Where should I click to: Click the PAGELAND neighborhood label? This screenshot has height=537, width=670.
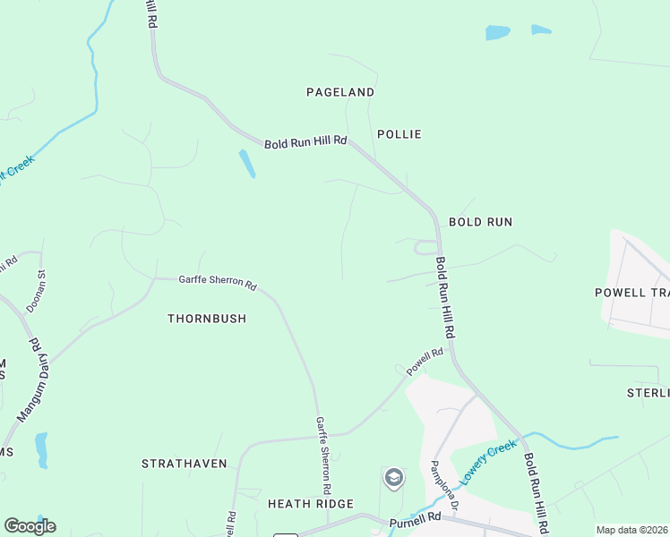click(340, 92)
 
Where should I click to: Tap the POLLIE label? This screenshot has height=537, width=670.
click(399, 134)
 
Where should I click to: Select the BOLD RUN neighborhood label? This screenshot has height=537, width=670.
click(480, 221)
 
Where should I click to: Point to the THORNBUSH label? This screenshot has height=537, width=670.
click(207, 319)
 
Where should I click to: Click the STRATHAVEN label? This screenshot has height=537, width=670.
click(185, 464)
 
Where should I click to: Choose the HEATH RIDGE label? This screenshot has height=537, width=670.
click(311, 504)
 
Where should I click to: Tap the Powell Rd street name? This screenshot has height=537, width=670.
click(425, 362)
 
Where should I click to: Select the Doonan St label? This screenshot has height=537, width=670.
click(36, 291)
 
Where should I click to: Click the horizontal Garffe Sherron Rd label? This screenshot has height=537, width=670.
click(218, 282)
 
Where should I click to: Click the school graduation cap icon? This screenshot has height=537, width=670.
click(393, 479)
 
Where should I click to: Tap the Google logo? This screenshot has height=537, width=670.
click(30, 526)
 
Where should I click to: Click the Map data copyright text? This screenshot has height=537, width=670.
click(631, 530)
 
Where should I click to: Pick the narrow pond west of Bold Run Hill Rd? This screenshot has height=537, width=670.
click(246, 163)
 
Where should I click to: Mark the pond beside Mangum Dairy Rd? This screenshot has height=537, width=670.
click(41, 450)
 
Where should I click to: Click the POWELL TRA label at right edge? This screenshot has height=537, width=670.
click(631, 293)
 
